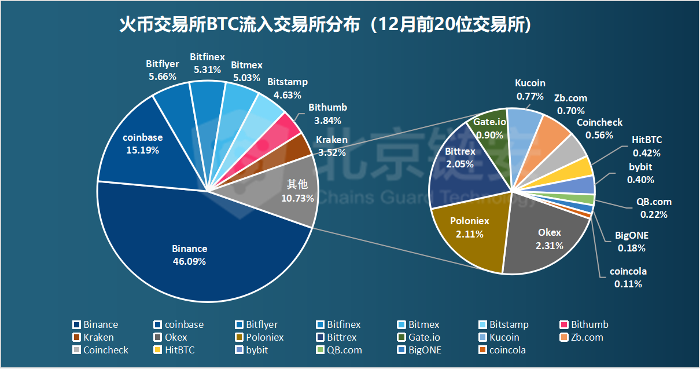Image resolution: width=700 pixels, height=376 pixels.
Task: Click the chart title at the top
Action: point(325,25)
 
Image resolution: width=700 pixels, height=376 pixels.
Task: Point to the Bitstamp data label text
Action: point(288,82)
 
